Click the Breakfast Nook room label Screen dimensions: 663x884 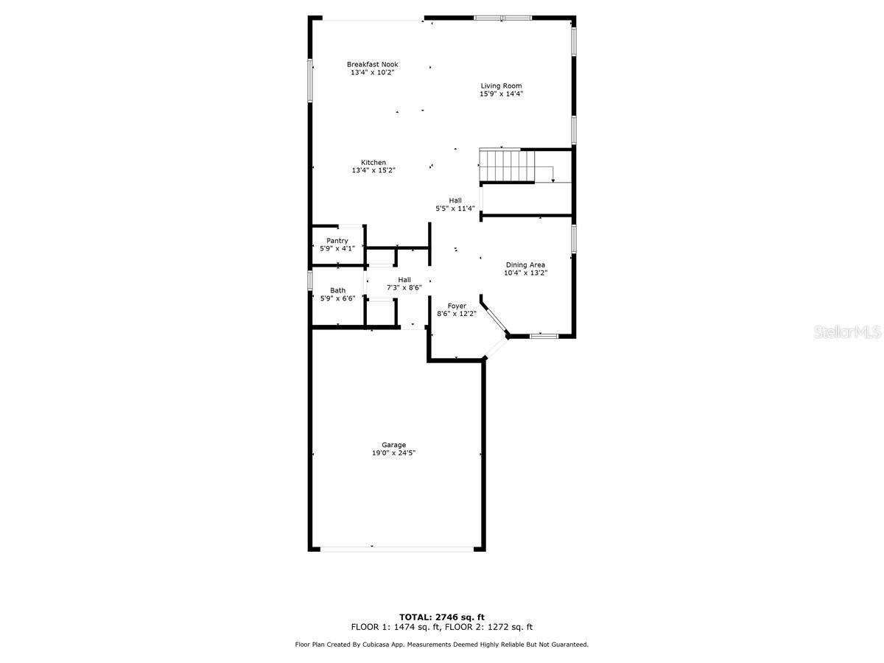(372, 64)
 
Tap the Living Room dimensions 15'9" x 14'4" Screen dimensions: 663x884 (501, 94)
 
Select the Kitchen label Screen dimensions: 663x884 (373, 163)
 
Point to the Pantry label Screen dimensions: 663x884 (337, 241)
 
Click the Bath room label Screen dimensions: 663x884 (337, 290)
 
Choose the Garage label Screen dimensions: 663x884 (393, 445)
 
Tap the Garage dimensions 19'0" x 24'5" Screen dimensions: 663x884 (393, 453)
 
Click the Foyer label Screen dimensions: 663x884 (457, 306)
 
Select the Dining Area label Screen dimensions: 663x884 (525, 264)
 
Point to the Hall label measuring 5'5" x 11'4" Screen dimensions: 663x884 (455, 200)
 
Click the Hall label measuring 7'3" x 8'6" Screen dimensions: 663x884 (404, 279)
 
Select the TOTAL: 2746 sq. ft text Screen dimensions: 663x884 (442, 617)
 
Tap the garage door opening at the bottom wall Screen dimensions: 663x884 (396, 548)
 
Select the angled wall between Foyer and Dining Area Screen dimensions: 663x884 (494, 318)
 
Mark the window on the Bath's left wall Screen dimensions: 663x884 (310, 281)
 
